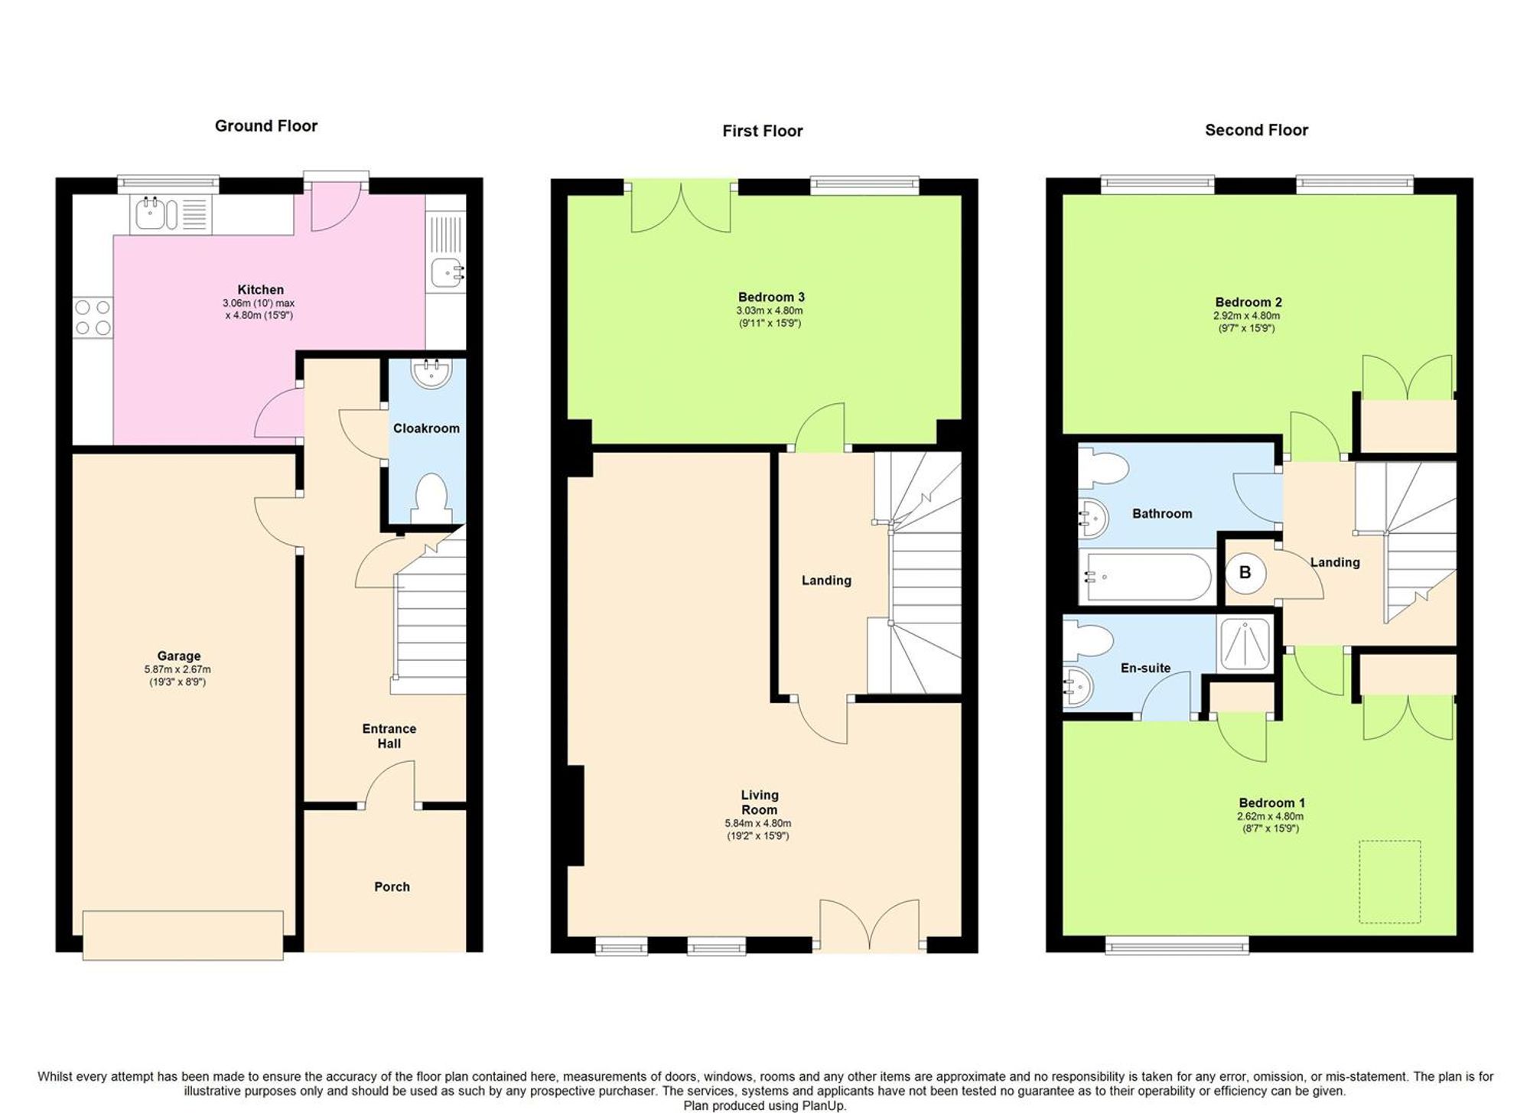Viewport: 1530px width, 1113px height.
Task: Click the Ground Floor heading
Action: coord(265,126)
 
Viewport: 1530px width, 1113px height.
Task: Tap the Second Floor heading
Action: coord(1256,130)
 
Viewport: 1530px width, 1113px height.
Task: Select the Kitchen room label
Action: coord(260,290)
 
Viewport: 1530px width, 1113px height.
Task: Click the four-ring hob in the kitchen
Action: coord(93,318)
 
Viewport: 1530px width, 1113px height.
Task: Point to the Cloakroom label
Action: coord(426,428)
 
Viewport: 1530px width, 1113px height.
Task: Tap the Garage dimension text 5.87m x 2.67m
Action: coord(177,669)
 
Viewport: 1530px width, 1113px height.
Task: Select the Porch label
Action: coord(392,887)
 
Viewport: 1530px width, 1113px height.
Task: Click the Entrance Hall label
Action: coord(389,736)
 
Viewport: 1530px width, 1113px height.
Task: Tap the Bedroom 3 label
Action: coord(770,297)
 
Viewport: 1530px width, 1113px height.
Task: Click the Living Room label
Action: coord(759,802)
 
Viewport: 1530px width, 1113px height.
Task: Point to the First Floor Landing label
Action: coord(826,581)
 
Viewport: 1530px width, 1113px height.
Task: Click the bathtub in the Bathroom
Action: coord(1145,577)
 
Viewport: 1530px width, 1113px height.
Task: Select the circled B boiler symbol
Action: coord(1245,572)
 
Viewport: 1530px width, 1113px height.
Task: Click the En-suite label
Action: coord(1145,668)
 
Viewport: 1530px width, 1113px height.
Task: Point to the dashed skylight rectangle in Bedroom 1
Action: coord(1389,882)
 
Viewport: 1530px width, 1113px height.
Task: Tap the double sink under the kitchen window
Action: coord(156,214)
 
